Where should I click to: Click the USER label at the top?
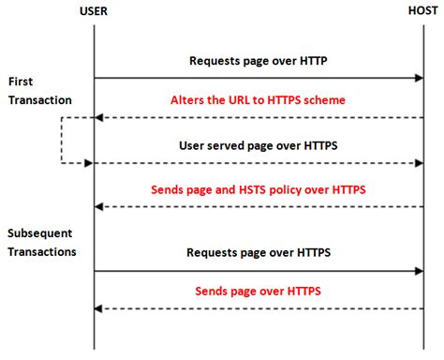coord(94,11)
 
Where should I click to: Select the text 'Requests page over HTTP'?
coord(258,61)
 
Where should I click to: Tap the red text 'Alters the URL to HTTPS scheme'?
coord(258,100)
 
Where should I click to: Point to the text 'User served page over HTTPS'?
coord(258,146)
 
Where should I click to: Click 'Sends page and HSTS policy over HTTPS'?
coord(258,188)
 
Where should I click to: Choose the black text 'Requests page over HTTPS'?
coord(258,252)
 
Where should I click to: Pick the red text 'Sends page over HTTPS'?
coord(258,292)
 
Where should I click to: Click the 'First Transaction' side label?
coord(38,90)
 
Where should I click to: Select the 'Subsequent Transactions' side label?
coord(43,242)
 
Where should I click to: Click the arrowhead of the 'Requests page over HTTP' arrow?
coord(420,79)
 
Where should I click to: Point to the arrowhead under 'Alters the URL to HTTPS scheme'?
coord(99,118)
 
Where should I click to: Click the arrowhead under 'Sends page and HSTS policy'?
coord(99,206)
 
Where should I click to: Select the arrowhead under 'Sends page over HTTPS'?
coord(99,308)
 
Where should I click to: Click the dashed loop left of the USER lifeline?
coord(62,141)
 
